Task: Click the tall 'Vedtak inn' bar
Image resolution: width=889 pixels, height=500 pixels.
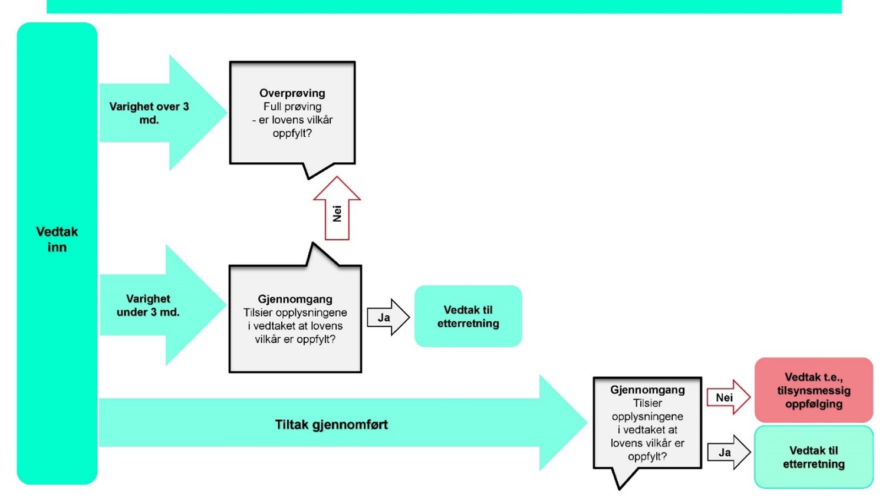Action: (x=57, y=254)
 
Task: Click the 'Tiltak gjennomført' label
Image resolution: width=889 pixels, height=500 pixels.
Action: (x=331, y=425)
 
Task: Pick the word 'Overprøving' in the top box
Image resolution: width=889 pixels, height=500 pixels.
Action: (x=292, y=93)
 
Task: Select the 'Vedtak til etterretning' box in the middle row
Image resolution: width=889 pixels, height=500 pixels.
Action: (x=468, y=317)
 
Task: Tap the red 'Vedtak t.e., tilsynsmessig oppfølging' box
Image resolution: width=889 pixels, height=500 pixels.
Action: (x=814, y=390)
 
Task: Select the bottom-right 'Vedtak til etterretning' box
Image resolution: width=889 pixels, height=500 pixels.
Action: (x=814, y=457)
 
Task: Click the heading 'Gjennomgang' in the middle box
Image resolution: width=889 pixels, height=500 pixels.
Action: (x=295, y=299)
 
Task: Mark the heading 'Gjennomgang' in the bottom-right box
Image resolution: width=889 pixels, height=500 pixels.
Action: (x=647, y=390)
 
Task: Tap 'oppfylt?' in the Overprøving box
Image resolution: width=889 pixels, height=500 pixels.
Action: (x=292, y=133)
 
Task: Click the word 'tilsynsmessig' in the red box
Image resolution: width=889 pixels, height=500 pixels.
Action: (x=814, y=390)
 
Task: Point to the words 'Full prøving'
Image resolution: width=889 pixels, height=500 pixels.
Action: (x=292, y=107)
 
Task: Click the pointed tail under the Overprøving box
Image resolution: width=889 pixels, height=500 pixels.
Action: (x=309, y=172)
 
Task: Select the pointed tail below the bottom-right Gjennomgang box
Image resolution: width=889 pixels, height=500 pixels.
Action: (x=620, y=481)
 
